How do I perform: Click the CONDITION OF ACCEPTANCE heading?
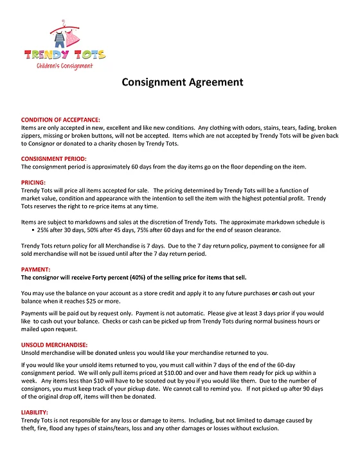60,120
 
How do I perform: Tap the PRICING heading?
34,183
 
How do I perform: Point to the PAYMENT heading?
35,269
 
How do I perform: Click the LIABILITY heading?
35,412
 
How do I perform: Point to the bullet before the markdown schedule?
33,230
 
